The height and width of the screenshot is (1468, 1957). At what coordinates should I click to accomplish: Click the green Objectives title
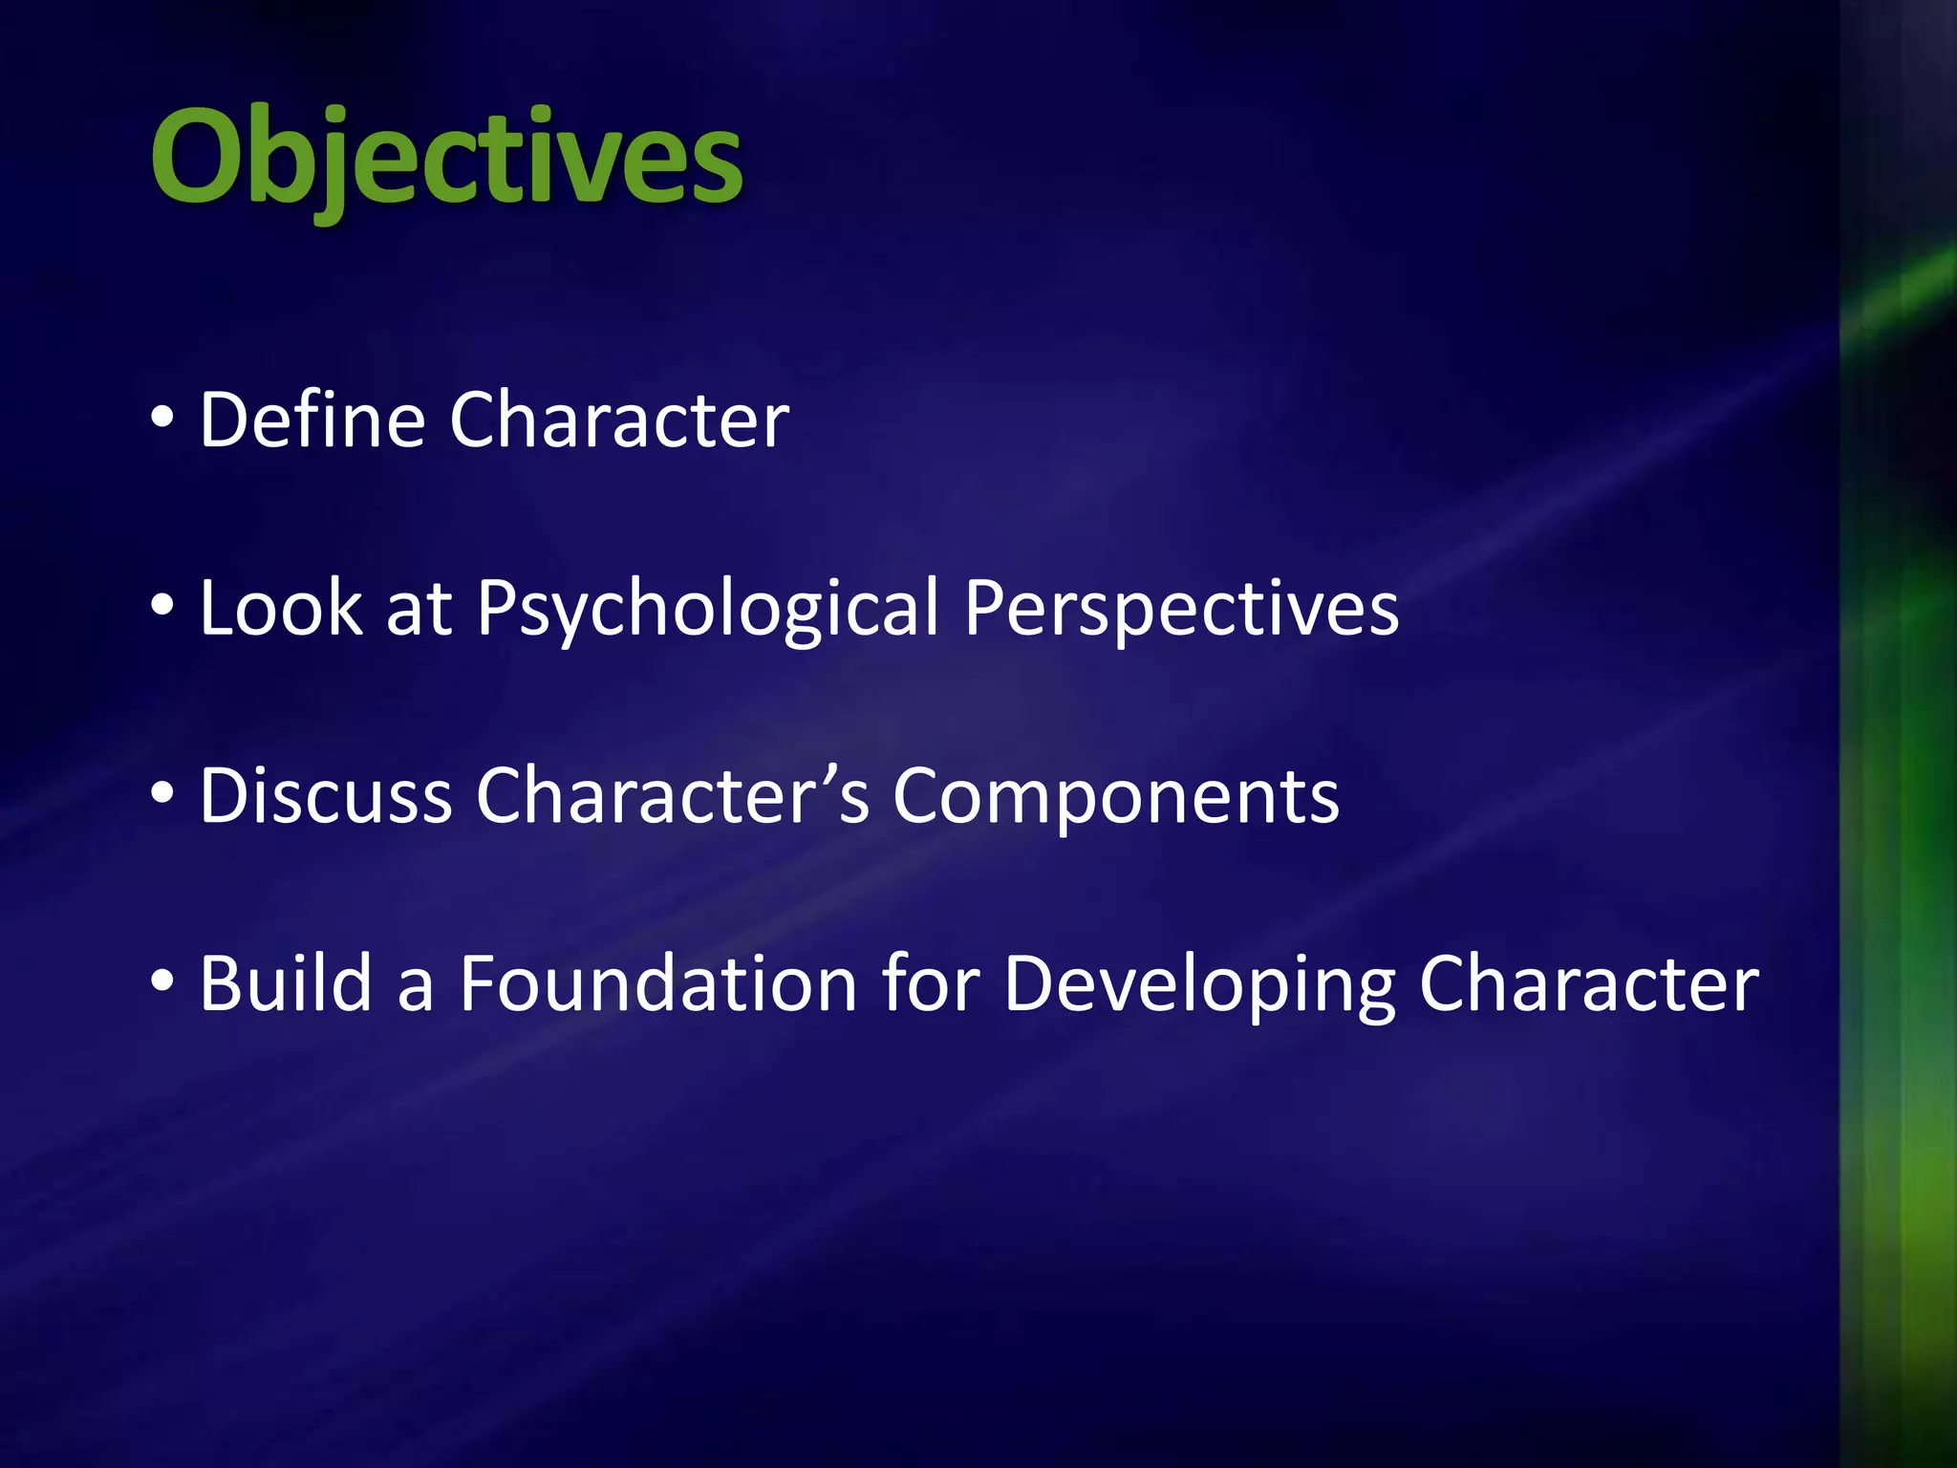(446, 158)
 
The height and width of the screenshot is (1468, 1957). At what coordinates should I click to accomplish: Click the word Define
(312, 420)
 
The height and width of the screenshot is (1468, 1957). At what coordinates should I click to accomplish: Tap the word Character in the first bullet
(619, 420)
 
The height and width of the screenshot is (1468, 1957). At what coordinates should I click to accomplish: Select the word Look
(281, 608)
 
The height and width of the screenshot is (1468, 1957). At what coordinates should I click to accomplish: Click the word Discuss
(325, 796)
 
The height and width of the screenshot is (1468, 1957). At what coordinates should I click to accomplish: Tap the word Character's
(673, 796)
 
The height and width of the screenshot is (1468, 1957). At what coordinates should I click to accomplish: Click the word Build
(286, 983)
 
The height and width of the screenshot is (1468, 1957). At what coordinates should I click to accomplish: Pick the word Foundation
(658, 983)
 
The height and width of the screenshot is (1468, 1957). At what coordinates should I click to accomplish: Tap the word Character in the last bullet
(1588, 983)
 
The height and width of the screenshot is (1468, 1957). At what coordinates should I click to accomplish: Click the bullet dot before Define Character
(162, 418)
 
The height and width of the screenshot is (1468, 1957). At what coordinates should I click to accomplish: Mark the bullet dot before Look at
(162, 606)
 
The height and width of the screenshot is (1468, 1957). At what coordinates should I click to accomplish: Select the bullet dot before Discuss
(162, 793)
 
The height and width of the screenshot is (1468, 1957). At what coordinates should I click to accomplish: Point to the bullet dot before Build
(162, 981)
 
